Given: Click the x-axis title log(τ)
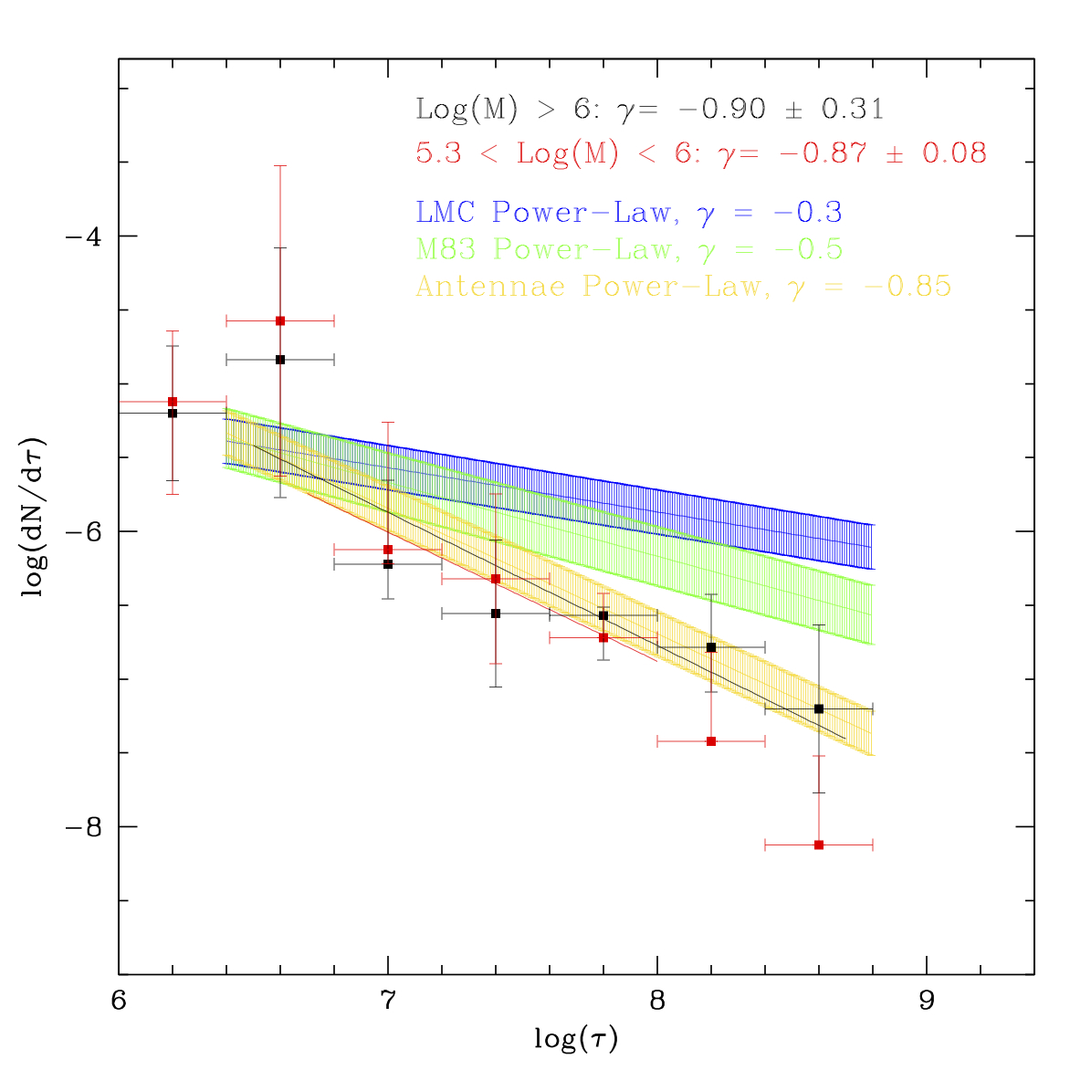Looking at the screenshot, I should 576,1039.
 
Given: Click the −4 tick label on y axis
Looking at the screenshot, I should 81,236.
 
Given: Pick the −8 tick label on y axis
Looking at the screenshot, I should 81,826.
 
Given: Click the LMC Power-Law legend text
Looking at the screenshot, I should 628,213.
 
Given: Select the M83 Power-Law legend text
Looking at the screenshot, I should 628,249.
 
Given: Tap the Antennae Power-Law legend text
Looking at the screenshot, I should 683,287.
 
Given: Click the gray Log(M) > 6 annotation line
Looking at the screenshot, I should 649,110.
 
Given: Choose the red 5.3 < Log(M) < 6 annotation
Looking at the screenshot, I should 700,152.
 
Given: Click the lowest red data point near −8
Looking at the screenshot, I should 819,845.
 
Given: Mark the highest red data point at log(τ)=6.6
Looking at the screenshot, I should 280,321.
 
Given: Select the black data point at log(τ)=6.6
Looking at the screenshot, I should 280,360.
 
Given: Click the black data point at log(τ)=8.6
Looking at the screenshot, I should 819,708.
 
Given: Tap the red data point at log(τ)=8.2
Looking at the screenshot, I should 711,741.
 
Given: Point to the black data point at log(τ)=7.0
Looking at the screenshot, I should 388,564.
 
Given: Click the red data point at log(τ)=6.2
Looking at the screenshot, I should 173,402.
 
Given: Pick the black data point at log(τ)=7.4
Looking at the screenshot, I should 496,614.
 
